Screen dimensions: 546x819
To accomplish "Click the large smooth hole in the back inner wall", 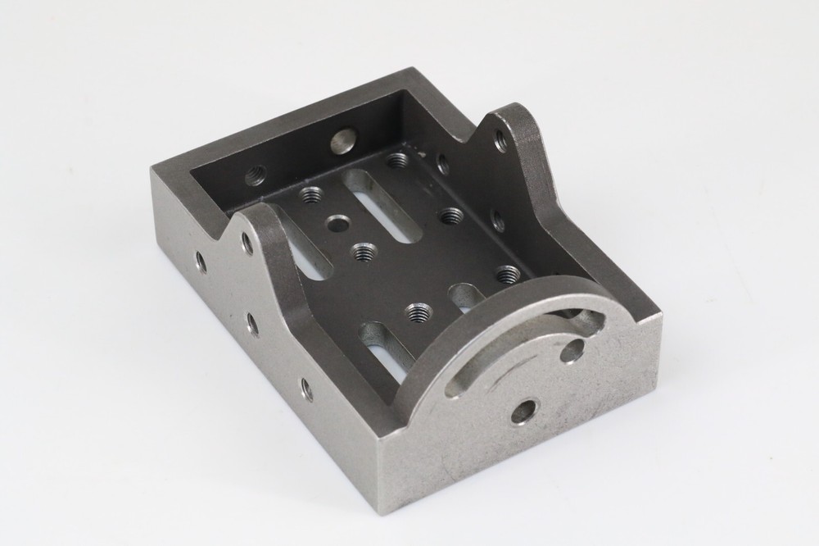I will point(342,140).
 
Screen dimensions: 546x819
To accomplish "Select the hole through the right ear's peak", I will point(500,141).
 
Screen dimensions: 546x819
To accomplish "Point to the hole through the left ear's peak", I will point(246,243).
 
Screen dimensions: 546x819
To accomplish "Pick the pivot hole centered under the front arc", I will point(523,411).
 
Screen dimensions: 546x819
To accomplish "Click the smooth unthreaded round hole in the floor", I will point(337,223).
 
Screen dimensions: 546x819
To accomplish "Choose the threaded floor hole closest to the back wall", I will point(397,160).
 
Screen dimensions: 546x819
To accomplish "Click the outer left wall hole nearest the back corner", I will point(200,262).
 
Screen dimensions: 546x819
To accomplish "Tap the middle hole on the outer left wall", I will point(252,324).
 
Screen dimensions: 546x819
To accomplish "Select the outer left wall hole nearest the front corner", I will point(306,389).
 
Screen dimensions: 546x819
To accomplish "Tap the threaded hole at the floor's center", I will point(363,253).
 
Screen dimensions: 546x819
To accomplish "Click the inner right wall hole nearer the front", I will point(497,220).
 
